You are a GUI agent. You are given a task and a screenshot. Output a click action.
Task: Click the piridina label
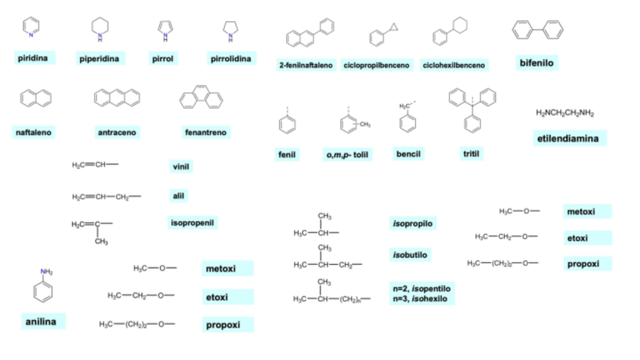(x=32, y=58)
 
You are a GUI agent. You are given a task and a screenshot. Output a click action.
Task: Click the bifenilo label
(x=537, y=63)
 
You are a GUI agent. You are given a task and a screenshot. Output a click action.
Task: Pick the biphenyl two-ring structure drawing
(x=537, y=29)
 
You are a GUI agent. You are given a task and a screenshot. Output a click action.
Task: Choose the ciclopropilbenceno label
(x=377, y=66)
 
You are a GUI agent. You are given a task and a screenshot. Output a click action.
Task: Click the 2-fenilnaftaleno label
(x=306, y=66)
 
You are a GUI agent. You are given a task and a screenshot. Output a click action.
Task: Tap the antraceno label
(x=117, y=133)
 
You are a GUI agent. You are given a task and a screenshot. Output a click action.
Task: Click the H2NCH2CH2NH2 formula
(x=565, y=113)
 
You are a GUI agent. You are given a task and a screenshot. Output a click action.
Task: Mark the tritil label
(x=472, y=154)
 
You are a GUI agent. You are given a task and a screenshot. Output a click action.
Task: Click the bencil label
(x=408, y=154)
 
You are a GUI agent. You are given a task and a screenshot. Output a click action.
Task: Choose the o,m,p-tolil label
(x=347, y=155)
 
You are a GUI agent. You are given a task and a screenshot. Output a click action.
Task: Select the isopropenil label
(x=192, y=223)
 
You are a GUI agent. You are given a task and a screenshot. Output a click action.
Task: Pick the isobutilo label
(x=411, y=255)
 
